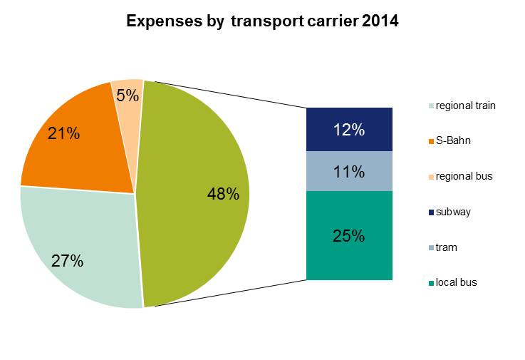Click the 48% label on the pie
pos(222,194)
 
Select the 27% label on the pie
pos(68,260)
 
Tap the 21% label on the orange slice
pos(63,133)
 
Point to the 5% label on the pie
pos(128,95)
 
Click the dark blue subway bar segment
pos(349,130)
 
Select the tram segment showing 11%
pos(349,172)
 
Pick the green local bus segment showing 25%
pos(349,236)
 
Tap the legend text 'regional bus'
pos(464,176)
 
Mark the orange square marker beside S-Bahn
pos(430,141)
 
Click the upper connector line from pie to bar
pos(228,94)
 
